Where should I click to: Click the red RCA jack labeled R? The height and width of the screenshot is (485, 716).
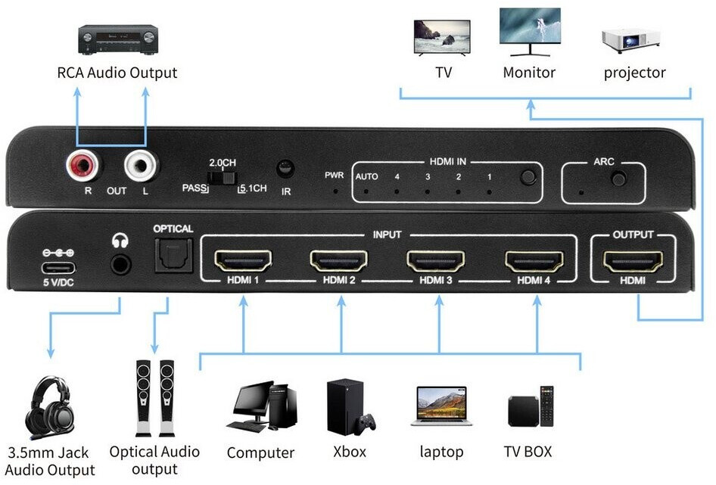83,166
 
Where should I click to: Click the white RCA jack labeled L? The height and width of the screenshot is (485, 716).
141,166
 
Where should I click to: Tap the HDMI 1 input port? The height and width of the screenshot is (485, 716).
243,261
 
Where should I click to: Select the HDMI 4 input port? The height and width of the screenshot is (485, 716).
534,261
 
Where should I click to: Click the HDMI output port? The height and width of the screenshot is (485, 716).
633,262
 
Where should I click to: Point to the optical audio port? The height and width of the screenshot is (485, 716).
173,255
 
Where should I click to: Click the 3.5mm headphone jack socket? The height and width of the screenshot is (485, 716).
120,264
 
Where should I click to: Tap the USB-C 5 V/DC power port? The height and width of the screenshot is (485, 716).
58,268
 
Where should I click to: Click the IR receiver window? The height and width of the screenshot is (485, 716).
285,169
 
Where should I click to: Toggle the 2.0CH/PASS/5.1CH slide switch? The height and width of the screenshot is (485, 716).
222,178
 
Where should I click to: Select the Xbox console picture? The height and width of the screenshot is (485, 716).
350,407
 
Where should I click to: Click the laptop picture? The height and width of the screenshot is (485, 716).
441,406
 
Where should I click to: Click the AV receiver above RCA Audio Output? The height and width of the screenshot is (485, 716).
118,39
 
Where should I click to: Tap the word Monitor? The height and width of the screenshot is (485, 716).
529,73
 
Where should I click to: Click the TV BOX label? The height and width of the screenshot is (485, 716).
528,452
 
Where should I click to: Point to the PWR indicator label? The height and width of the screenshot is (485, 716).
335,175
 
